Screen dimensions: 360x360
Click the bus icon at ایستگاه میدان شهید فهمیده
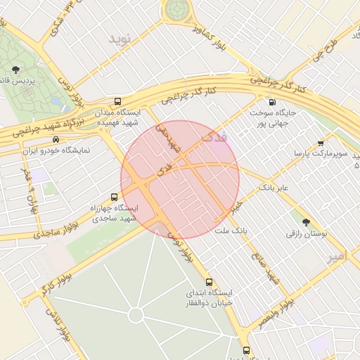tap(117, 101)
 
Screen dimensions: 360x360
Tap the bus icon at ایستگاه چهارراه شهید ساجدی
tap(115, 197)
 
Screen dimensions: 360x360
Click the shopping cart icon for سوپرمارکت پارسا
tap(321, 143)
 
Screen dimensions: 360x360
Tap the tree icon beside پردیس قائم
tap(15, 69)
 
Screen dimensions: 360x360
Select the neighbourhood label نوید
tap(120, 39)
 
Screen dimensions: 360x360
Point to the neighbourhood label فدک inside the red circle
tap(214, 137)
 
